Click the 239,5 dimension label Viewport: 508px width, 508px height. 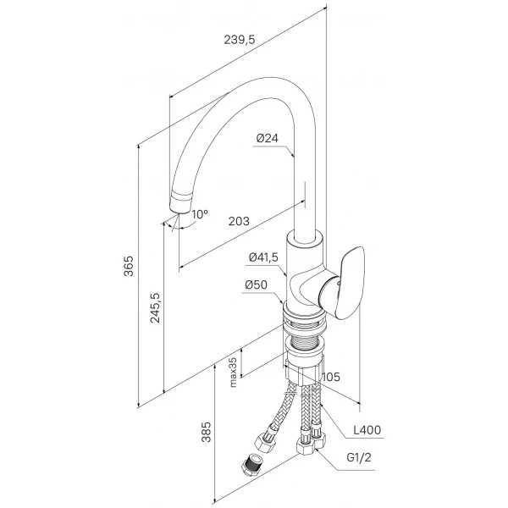point(240,40)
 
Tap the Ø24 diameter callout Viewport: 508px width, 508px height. point(267,138)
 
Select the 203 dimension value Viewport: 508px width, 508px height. point(239,221)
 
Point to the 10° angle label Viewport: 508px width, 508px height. point(200,214)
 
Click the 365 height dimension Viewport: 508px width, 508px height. point(129,266)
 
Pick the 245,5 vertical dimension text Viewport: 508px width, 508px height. point(155,307)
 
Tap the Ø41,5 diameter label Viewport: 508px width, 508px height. point(263,257)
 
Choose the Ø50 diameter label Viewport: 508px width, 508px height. point(257,284)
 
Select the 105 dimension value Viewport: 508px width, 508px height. point(331,377)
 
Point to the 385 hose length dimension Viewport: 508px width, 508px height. point(206,432)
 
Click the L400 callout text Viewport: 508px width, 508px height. point(367,430)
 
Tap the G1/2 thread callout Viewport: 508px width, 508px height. point(359,457)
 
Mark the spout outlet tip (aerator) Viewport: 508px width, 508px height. point(180,202)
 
